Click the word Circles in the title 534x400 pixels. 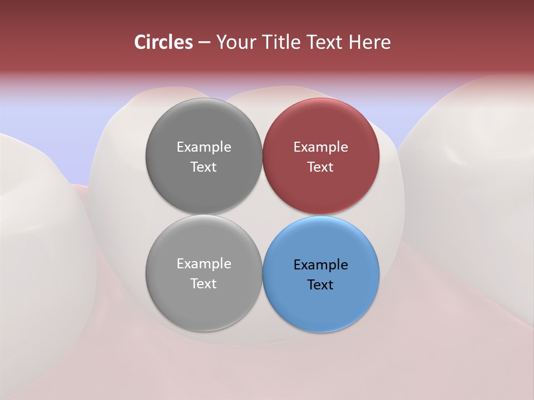click(164, 42)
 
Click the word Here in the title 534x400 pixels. click(370, 42)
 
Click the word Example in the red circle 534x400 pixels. click(321, 147)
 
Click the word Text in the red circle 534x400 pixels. click(321, 167)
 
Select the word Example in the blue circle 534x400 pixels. click(321, 265)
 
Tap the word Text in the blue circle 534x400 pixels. click(321, 285)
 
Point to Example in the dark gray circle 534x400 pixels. click(204, 147)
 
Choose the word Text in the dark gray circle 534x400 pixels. click(204, 167)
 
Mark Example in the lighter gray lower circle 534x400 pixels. click(204, 264)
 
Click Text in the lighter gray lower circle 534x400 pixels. click(204, 284)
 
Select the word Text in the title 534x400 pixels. click(325, 42)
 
